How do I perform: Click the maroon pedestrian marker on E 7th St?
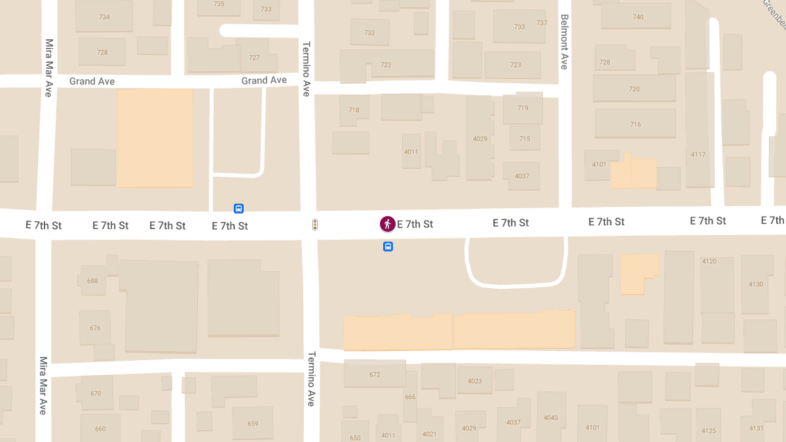pos(387,224)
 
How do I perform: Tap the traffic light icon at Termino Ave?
pos(315,225)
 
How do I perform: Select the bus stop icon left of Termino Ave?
pos(238,209)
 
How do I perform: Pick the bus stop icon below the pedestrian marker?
pos(388,247)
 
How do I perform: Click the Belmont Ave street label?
pos(563,42)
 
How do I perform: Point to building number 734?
pos(104,17)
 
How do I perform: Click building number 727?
pos(254,58)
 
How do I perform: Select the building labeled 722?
pos(386,65)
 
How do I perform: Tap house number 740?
pos(638,17)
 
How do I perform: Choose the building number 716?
pos(635,124)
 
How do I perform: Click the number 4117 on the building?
pos(698,155)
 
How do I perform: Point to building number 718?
pos(354,110)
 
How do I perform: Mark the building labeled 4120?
pos(709,261)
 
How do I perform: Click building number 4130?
pos(756,284)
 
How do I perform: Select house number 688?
pos(92,281)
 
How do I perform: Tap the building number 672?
pos(375,375)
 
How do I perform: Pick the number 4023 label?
pos(475,381)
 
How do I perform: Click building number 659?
pos(253,424)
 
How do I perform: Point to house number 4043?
pos(551,418)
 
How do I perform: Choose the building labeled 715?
pos(525,139)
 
